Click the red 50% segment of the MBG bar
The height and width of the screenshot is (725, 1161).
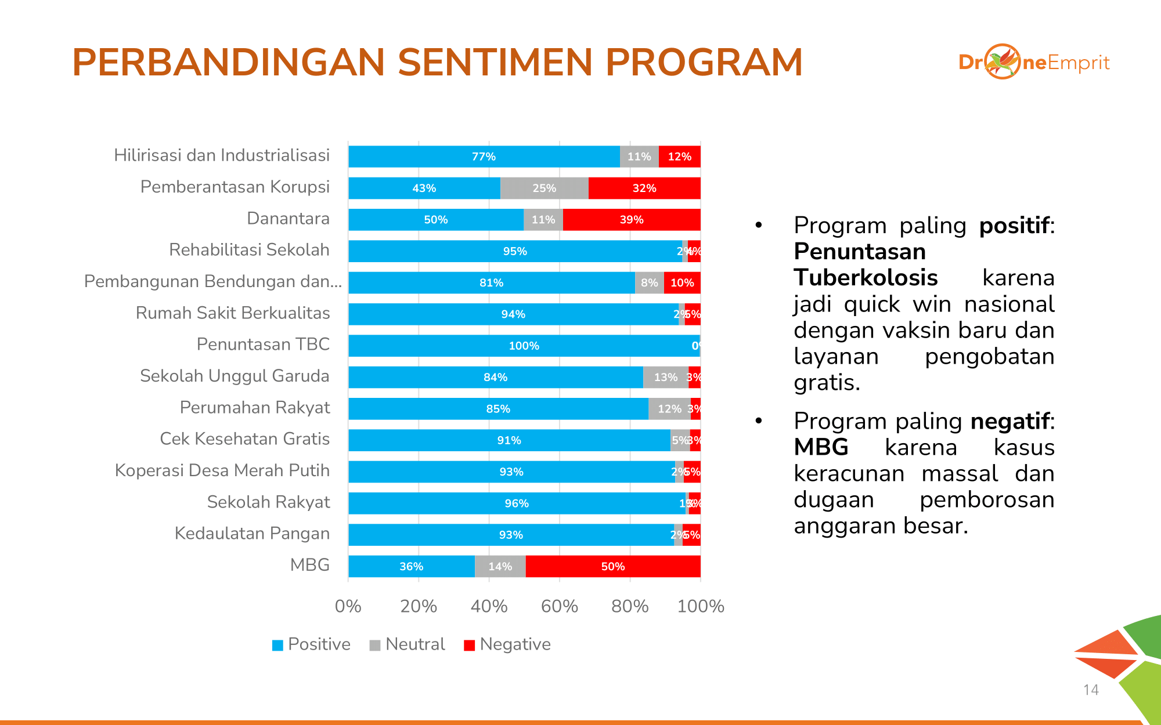tap(613, 566)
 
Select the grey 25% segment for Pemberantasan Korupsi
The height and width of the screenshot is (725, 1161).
tap(544, 188)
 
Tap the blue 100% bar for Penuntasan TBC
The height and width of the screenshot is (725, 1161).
tap(524, 346)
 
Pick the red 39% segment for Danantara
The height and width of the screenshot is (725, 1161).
tap(632, 220)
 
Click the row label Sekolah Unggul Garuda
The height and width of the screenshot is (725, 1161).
tap(235, 376)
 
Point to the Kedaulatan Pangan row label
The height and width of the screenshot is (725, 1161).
tap(252, 534)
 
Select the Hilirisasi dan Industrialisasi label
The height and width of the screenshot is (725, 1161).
tap(222, 155)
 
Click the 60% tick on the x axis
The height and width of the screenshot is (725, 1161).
tap(559, 606)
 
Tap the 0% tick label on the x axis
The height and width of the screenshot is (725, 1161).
tap(348, 606)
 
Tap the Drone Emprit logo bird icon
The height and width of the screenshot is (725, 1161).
tap(1003, 61)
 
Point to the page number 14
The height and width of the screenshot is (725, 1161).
tap(1091, 690)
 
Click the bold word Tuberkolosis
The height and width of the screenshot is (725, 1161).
tap(866, 278)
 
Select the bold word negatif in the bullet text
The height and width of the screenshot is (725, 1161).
tap(1010, 421)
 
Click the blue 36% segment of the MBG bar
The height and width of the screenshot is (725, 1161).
tap(411, 566)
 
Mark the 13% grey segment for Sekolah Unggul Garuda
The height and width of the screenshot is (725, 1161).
tap(665, 377)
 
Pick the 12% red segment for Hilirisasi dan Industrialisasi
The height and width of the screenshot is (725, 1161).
tap(679, 157)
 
